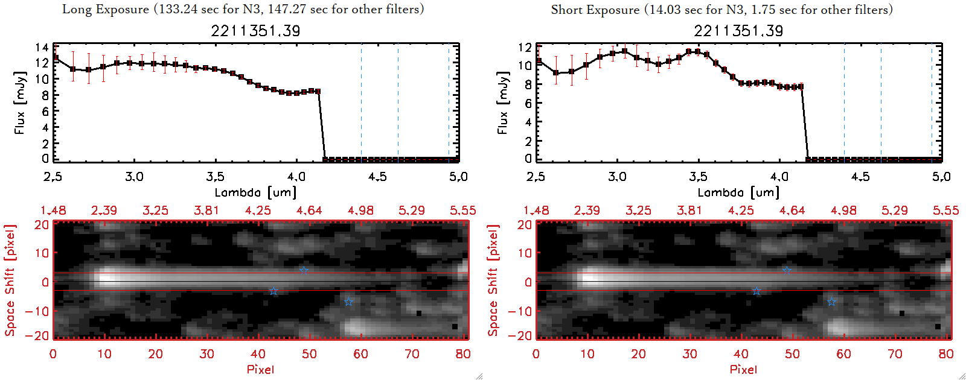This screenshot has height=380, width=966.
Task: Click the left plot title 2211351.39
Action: (x=255, y=31)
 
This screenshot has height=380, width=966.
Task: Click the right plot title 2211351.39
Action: (x=738, y=31)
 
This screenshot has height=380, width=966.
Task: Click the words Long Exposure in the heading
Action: (x=106, y=10)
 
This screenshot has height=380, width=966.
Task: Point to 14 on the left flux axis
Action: (x=42, y=48)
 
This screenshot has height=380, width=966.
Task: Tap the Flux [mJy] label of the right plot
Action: (x=502, y=103)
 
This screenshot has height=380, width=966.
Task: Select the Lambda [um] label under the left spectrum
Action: (x=255, y=192)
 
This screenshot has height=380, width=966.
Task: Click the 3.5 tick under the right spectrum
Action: (x=698, y=177)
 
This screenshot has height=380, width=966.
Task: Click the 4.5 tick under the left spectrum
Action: (x=377, y=177)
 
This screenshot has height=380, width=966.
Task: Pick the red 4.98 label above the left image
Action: (x=360, y=211)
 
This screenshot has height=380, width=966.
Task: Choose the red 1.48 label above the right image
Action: (x=536, y=211)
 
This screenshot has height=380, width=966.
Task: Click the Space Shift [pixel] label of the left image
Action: (x=10, y=280)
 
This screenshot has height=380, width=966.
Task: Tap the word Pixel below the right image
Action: (x=743, y=369)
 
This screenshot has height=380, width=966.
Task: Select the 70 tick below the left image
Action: (x=412, y=354)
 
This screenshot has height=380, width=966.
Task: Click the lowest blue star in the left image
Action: (x=348, y=301)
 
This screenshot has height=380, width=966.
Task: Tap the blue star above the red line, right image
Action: (x=787, y=270)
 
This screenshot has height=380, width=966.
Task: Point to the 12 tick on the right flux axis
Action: (x=525, y=47)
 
